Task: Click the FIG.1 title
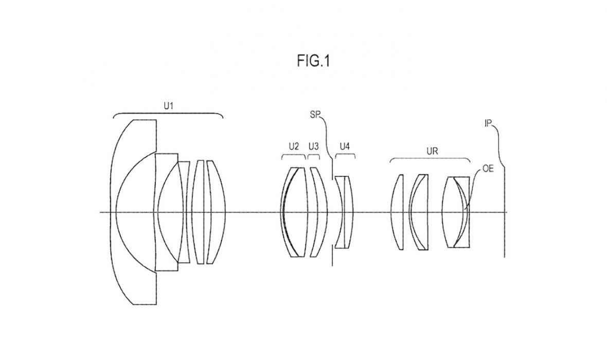(x=313, y=61)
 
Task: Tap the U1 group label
(x=168, y=105)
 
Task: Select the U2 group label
(x=294, y=147)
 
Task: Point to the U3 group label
(x=314, y=147)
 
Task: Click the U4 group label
(x=345, y=147)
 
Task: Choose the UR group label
(x=432, y=151)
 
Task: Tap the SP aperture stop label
(x=315, y=115)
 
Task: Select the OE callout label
(x=488, y=169)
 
